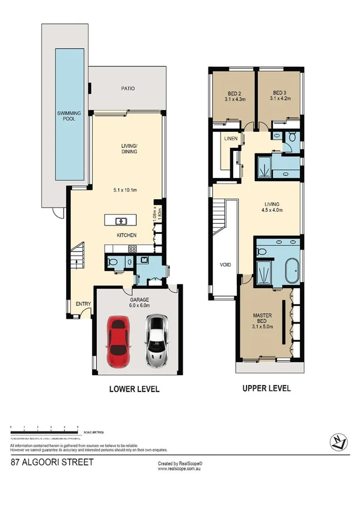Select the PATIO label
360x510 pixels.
pyautogui.click(x=127, y=88)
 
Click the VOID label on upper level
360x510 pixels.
pyautogui.click(x=225, y=263)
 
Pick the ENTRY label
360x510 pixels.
pyautogui.click(x=82, y=304)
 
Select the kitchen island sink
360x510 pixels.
pyautogui.click(x=117, y=219)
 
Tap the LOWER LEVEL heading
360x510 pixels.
pyautogui.click(x=133, y=389)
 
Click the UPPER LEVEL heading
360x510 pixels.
pyautogui.click(x=266, y=389)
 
